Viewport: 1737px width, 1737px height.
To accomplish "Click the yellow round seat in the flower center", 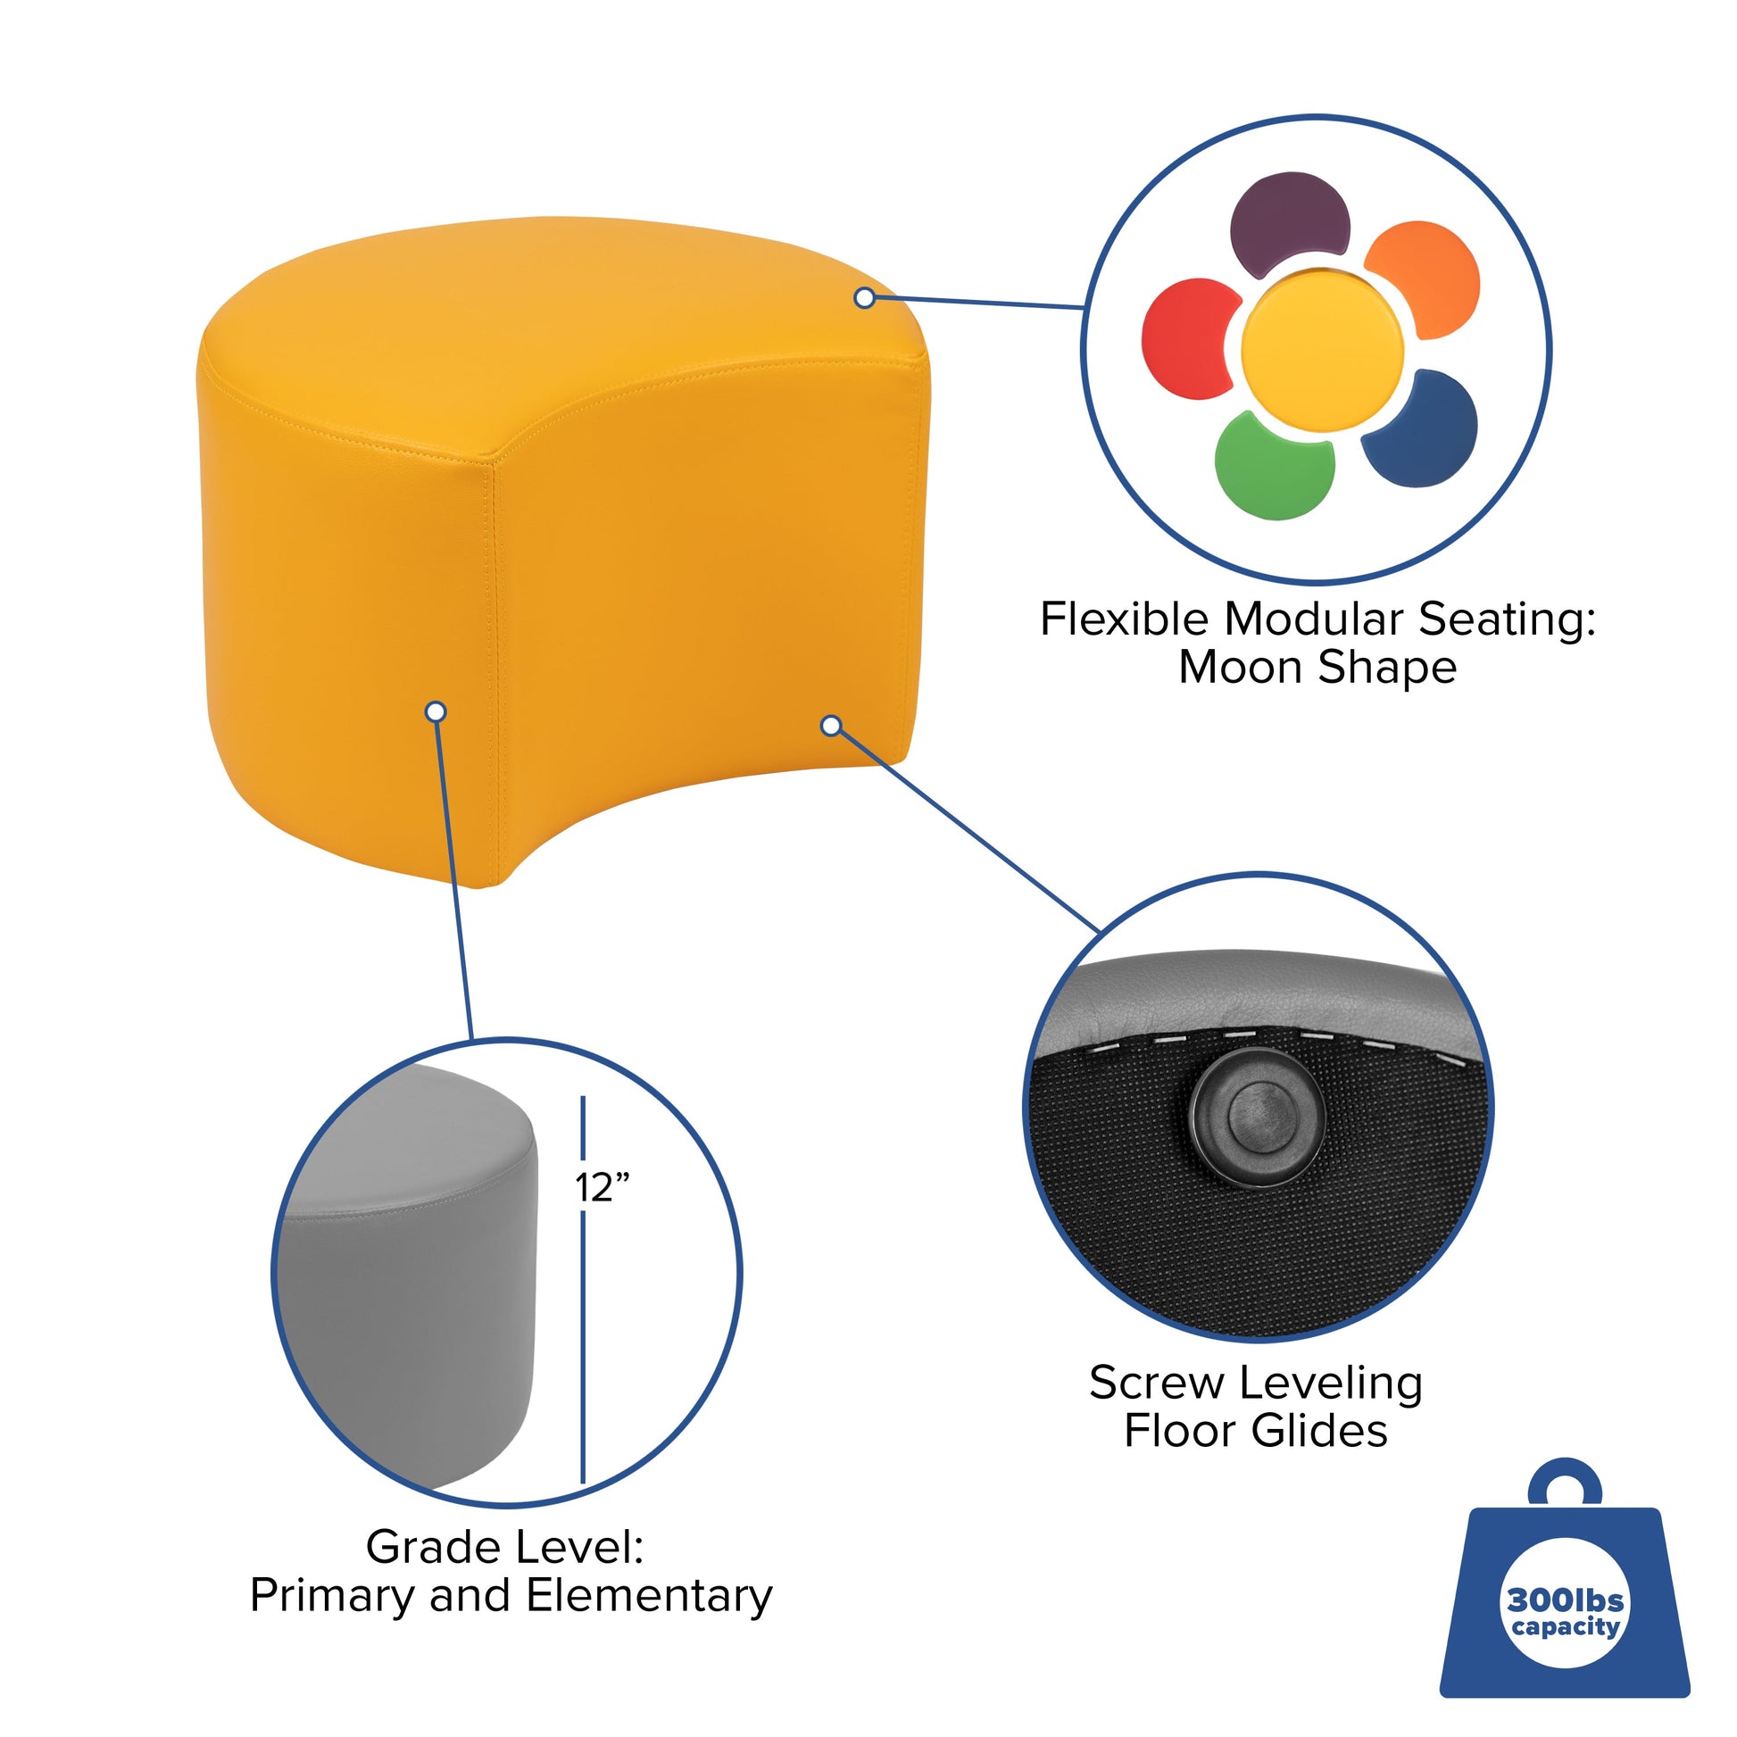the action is click(1322, 350).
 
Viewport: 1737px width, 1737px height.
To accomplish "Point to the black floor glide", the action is click(1258, 1118).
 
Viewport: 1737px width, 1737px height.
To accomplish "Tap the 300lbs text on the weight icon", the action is click(1566, 1600).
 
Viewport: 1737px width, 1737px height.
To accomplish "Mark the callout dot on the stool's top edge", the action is click(865, 297).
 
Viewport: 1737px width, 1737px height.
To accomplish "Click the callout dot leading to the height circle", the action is click(436, 712).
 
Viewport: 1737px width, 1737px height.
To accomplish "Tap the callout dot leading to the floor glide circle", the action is click(832, 725).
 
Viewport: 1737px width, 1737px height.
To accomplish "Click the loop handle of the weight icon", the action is click(1566, 1485).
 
